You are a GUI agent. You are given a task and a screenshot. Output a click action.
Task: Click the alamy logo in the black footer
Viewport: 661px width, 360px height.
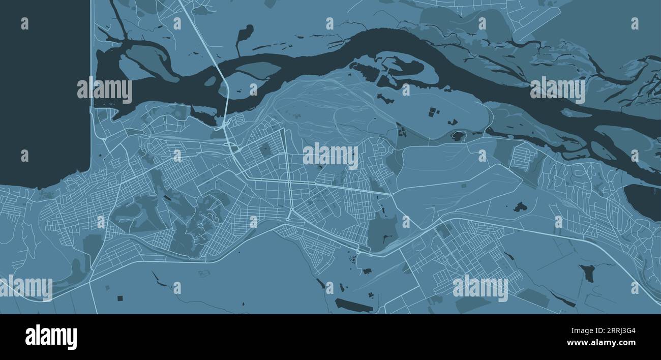coord(51,337)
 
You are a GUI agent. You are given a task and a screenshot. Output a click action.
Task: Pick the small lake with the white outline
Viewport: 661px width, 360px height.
coord(458,136)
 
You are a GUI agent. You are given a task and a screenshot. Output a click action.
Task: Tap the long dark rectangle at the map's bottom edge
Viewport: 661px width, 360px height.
coord(353,305)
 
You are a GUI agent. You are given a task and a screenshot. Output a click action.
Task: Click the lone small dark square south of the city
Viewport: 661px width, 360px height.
coord(120,297)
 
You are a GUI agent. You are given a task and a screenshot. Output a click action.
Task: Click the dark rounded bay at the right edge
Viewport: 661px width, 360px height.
coord(643,201)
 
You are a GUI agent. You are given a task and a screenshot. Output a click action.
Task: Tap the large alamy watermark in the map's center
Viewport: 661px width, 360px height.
coord(330,156)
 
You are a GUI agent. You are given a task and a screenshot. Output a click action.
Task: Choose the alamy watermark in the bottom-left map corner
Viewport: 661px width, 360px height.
coord(26,288)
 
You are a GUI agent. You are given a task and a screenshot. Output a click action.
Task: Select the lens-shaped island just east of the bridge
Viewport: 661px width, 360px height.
coord(257,70)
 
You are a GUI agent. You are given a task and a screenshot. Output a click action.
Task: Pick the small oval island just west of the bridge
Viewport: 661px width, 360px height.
coord(209,81)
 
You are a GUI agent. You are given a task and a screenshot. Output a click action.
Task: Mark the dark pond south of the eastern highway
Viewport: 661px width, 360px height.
coord(588,273)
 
